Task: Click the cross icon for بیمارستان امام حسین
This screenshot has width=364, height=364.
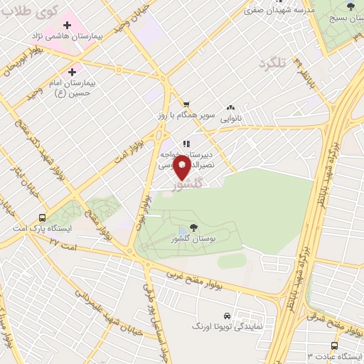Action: pos(72,72)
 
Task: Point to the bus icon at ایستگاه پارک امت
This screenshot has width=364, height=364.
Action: pos(43,218)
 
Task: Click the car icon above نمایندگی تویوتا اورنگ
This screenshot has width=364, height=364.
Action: pos(226,314)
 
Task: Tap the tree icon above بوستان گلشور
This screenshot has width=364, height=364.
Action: pos(194,227)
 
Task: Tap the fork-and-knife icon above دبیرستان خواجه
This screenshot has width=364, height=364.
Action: pos(186,144)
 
